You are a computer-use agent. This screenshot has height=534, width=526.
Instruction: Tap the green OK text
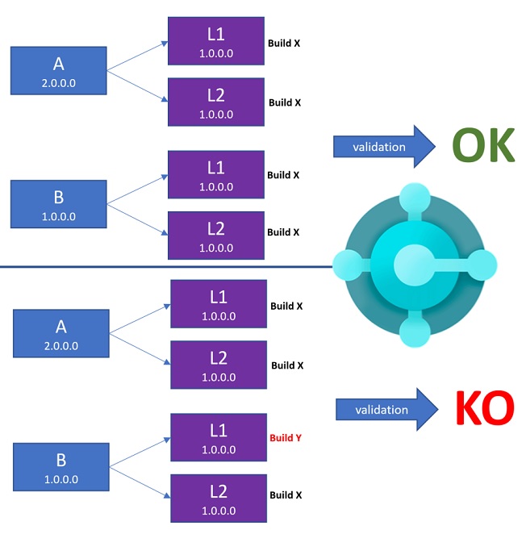pyautogui.click(x=482, y=146)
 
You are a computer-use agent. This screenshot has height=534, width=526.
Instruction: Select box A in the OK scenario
pyautogui.click(x=58, y=71)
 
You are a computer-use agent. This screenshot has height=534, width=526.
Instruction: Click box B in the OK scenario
pyautogui.click(x=58, y=203)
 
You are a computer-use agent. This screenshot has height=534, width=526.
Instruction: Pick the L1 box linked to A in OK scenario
pyautogui.click(x=215, y=42)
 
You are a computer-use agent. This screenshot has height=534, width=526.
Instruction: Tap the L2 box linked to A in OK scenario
pyautogui.click(x=215, y=102)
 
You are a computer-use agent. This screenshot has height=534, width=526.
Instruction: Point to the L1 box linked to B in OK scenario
pyautogui.click(x=215, y=174)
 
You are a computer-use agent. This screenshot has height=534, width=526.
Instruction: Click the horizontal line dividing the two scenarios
pyautogui.click(x=161, y=267)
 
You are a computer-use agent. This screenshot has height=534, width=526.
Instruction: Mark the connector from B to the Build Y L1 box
pyautogui.click(x=139, y=453)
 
